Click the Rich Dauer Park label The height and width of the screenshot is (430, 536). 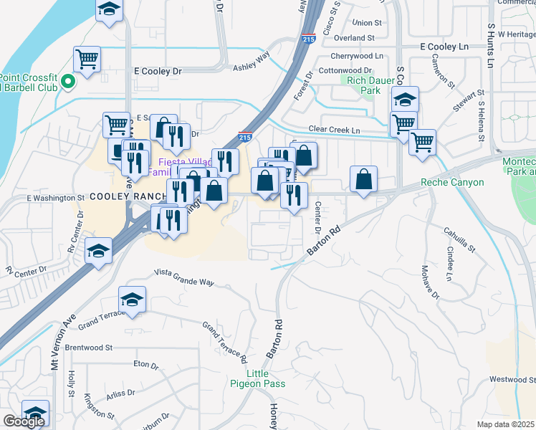point(363,86)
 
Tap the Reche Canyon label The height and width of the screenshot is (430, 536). point(451,183)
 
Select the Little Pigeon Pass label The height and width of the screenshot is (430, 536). point(266,378)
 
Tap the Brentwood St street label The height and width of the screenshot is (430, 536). point(89,348)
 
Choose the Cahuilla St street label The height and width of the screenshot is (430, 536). point(459,239)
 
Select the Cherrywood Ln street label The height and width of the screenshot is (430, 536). point(362,56)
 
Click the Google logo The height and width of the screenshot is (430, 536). point(24,421)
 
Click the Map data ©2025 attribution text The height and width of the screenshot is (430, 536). point(506,424)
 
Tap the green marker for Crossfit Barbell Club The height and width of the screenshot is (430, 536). point(68,81)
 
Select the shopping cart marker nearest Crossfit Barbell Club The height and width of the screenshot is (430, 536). point(87,58)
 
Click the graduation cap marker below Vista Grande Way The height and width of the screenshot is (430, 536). point(133,299)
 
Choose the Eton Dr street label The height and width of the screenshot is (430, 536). point(145,365)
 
